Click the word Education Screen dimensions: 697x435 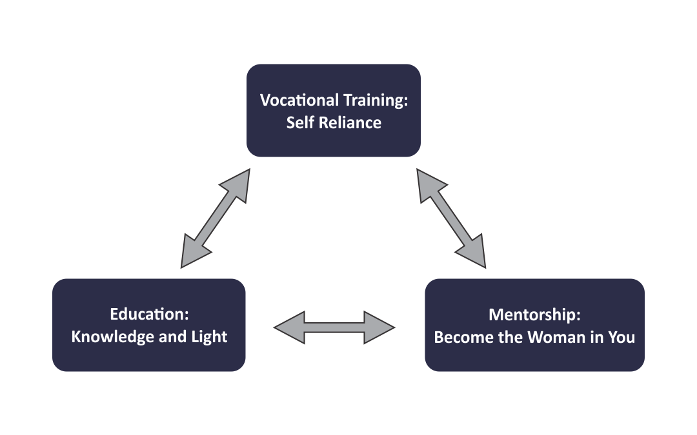point(149,314)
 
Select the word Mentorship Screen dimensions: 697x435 point(535,314)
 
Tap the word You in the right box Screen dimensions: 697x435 point(621,337)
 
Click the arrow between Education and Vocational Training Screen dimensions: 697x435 point(215,218)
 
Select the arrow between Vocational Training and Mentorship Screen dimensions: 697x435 point(451,218)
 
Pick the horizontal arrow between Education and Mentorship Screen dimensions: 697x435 point(334,327)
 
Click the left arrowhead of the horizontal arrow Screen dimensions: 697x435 point(289,327)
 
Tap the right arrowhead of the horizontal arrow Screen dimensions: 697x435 point(379,327)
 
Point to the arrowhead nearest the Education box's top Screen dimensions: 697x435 point(194,254)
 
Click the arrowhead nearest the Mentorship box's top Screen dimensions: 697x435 point(474,254)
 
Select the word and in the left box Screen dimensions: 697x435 point(173,337)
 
